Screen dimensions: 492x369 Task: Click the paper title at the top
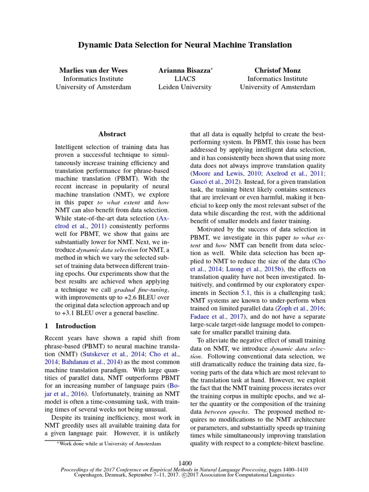coord(184,45)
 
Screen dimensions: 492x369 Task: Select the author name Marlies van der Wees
coord(93,70)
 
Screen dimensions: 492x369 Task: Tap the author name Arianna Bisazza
coord(184,70)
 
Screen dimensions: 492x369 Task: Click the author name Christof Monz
coord(277,70)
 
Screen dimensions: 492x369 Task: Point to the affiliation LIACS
coord(184,79)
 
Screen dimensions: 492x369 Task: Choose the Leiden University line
coord(184,87)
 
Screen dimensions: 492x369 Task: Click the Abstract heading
coord(112,134)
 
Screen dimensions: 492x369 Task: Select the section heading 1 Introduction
coord(70,326)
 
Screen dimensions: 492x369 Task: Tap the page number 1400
coord(184,463)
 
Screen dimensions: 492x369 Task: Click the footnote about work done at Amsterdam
coord(110,443)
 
